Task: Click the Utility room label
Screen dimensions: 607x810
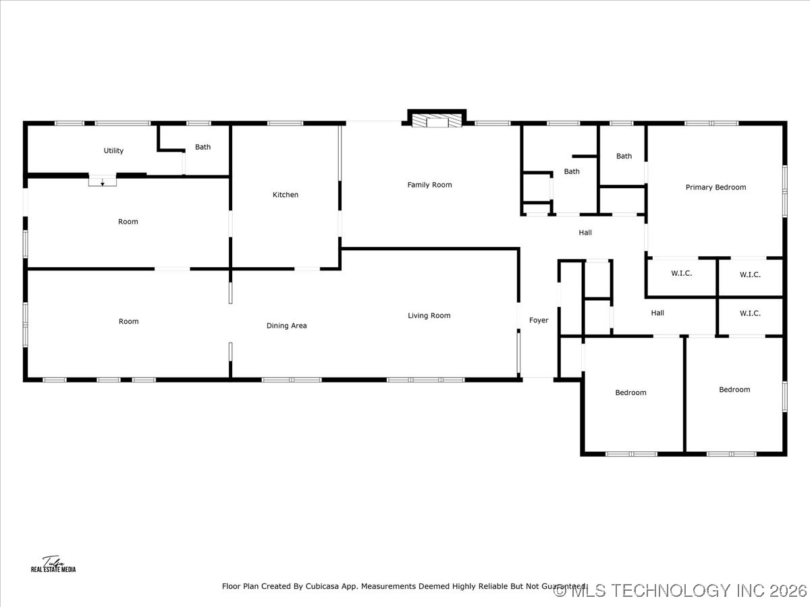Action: [x=113, y=151]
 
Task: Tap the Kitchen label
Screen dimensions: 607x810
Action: [x=285, y=195]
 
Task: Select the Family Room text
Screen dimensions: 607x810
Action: [x=429, y=185]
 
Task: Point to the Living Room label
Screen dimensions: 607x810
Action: [x=429, y=316]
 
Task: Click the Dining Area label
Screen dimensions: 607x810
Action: [x=286, y=326]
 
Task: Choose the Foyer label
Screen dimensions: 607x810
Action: [x=539, y=320]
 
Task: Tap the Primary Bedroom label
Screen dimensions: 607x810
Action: [x=715, y=187]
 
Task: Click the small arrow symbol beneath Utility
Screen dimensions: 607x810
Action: [x=103, y=183]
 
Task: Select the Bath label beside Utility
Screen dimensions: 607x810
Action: [x=202, y=147]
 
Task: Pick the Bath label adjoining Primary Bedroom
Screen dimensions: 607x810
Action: [x=624, y=156]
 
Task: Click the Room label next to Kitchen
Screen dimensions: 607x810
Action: [x=128, y=222]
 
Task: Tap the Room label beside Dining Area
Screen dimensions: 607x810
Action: [x=128, y=322]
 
